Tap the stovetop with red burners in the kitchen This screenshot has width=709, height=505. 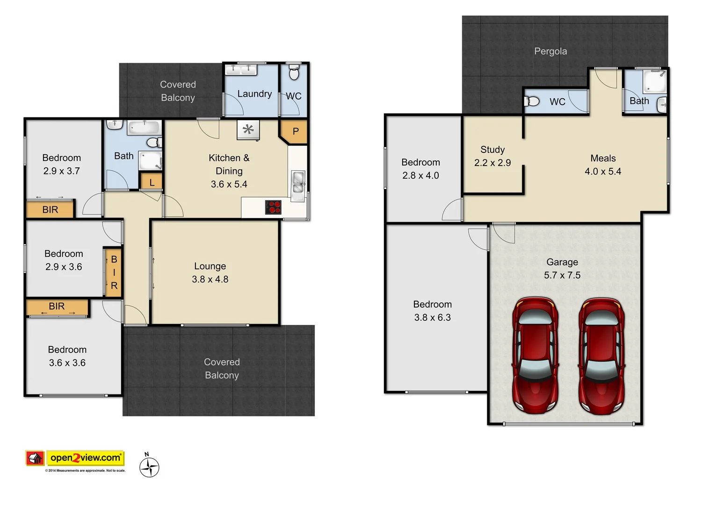tap(273, 207)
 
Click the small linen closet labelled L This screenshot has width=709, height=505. tap(152, 182)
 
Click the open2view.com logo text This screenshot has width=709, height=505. tap(85, 458)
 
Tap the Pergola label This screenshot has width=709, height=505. tap(550, 51)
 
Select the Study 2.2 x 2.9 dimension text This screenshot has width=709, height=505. tap(492, 163)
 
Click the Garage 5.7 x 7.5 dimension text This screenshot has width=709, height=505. tap(562, 275)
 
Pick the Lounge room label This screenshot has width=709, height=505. tap(210, 266)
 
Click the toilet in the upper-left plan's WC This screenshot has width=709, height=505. tap(294, 73)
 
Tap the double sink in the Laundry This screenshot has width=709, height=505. tap(241, 69)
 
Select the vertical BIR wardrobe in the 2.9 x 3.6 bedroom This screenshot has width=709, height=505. tap(114, 272)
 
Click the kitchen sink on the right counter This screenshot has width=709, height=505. tap(297, 183)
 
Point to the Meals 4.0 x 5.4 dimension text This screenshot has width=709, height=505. tap(603, 172)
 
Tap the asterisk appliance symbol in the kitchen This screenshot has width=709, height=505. tap(248, 130)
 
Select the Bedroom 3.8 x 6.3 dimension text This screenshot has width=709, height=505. tap(432, 317)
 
